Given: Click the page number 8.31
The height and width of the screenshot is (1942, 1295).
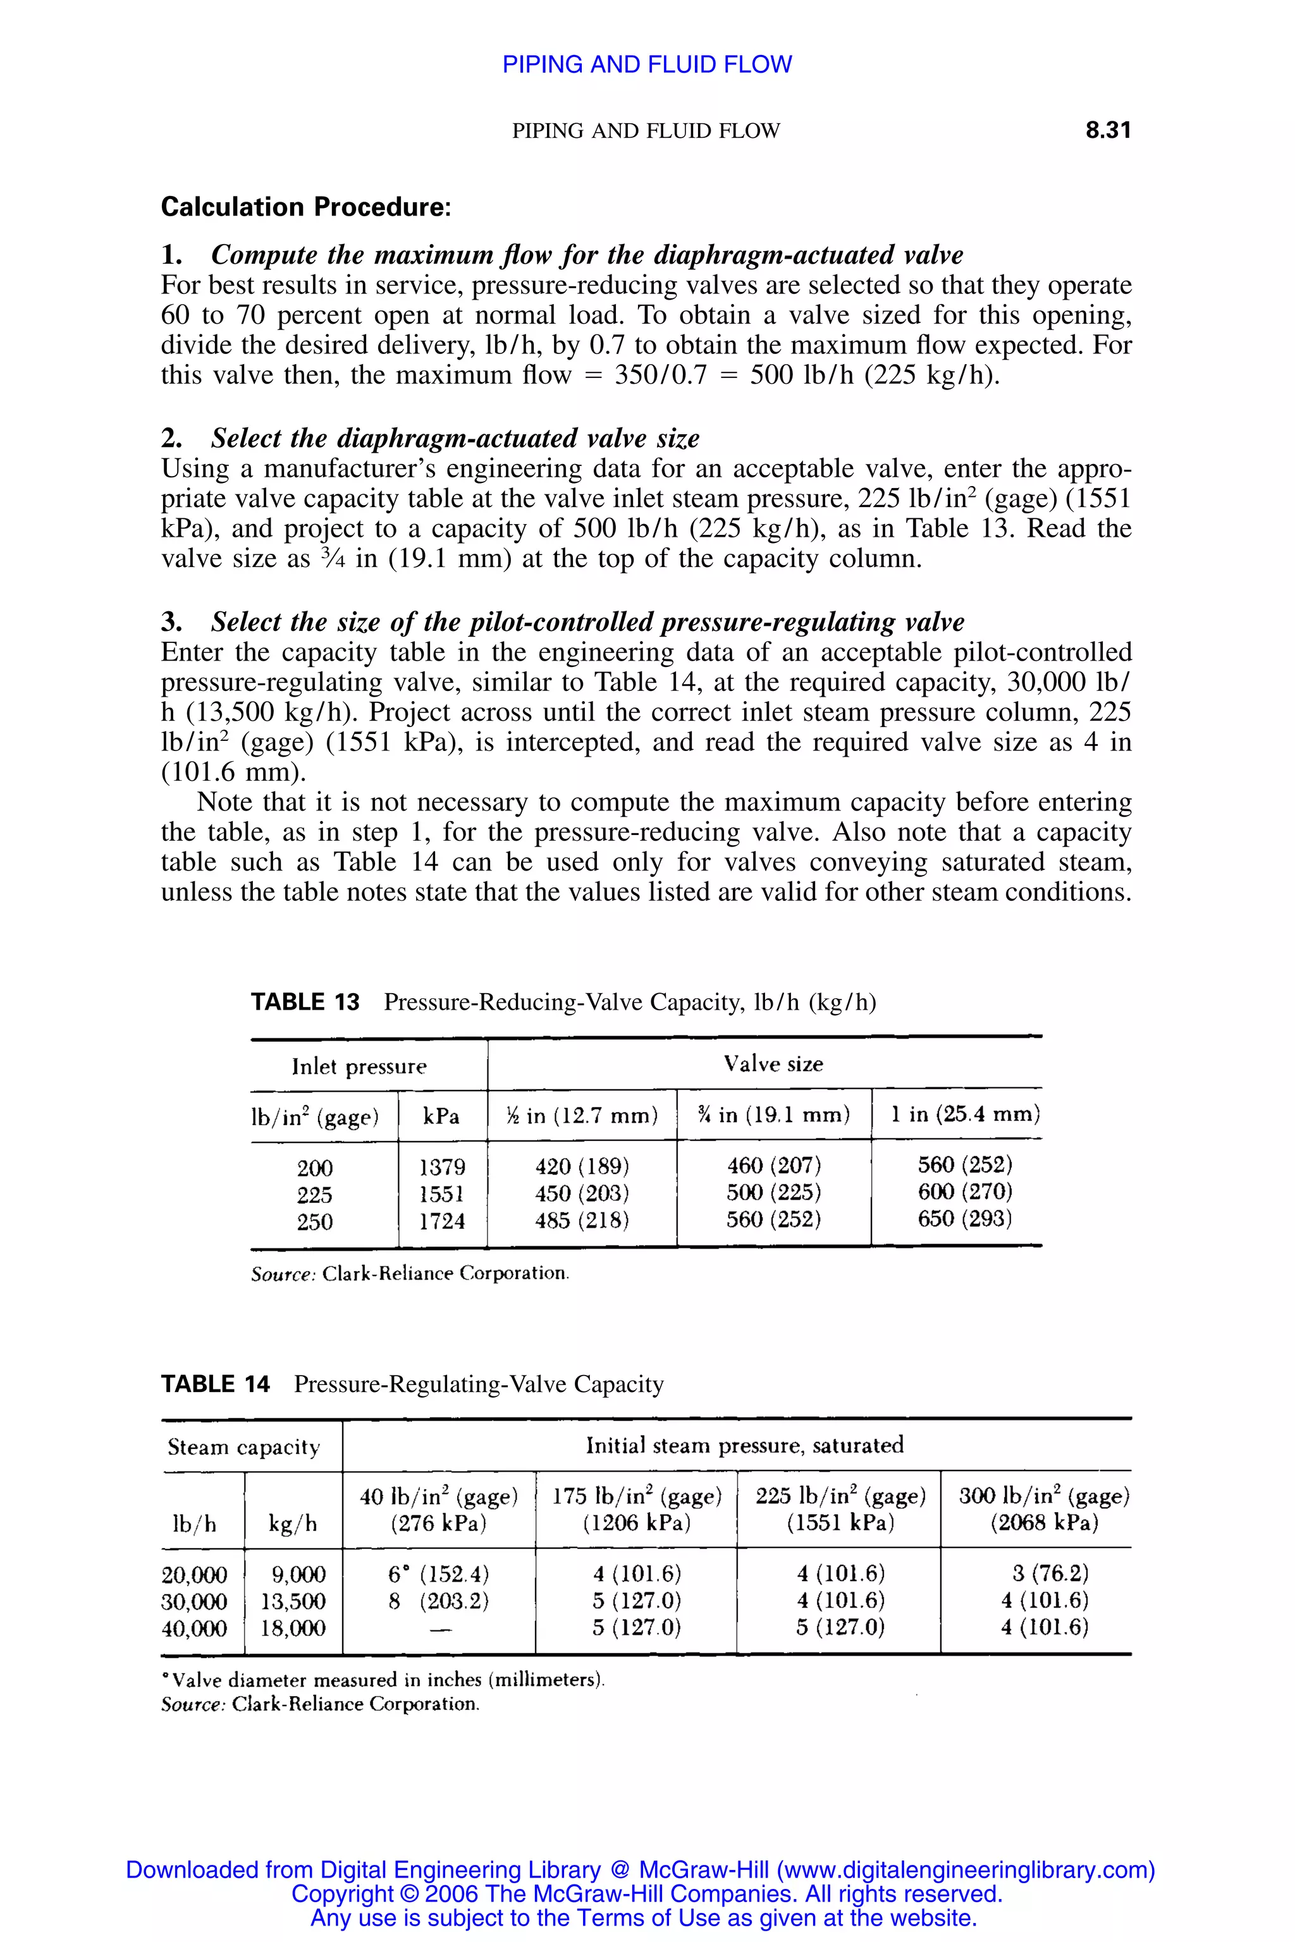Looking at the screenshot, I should (x=1108, y=130).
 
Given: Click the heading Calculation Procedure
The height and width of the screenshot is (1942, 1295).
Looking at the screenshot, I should (x=305, y=207).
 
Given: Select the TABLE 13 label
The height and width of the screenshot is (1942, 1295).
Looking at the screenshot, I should (x=305, y=1003).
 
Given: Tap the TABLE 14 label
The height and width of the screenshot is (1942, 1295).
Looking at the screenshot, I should (x=215, y=1384).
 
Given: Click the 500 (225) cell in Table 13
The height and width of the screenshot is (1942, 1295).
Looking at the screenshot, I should (x=773, y=1192).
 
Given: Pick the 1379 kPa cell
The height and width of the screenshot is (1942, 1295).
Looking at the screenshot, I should (x=442, y=1167).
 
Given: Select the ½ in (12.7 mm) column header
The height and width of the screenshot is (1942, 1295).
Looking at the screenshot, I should (x=582, y=1116).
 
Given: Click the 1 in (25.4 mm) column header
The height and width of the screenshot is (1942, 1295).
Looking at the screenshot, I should (x=965, y=1115).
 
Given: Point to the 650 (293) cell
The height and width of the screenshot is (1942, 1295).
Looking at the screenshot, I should (x=965, y=1219).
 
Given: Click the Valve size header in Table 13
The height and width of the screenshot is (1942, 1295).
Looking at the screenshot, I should (x=773, y=1063).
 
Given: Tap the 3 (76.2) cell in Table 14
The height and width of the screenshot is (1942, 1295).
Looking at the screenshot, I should (x=1044, y=1573).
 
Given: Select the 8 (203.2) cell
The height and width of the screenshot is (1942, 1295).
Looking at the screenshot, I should (x=439, y=1601).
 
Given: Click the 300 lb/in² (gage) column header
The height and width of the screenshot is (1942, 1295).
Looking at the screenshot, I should (x=1044, y=1508).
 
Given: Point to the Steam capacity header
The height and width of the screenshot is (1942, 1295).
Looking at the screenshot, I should (x=243, y=1446).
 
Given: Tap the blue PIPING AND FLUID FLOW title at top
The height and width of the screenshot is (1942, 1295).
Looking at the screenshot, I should (x=647, y=64).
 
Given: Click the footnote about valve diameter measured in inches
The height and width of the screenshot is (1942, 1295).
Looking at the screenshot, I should (x=383, y=1680).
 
